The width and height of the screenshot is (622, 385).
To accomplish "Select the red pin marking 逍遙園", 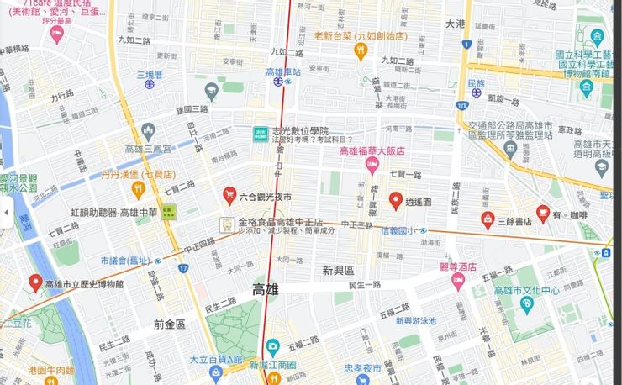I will [395, 200].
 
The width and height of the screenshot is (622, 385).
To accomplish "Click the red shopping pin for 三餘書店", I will [488, 219].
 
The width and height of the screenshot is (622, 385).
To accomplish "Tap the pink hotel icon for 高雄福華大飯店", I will [372, 166].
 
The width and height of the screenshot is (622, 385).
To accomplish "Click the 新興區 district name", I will [339, 270].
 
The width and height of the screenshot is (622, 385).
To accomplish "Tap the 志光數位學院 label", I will [299, 131].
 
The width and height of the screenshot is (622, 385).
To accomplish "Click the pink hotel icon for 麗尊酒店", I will [458, 281].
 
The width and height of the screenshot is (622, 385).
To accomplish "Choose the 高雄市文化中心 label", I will [526, 291].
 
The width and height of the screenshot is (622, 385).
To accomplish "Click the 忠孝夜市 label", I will [362, 368].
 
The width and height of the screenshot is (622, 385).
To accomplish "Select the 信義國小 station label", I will [399, 230].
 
